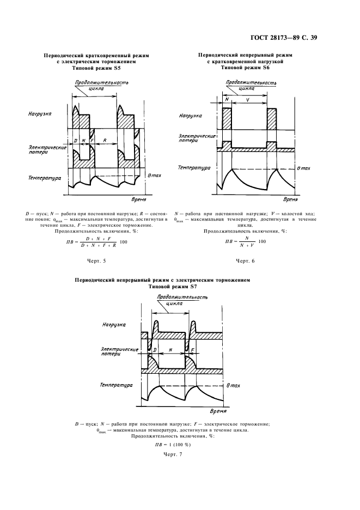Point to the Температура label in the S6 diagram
[x=194, y=168]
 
